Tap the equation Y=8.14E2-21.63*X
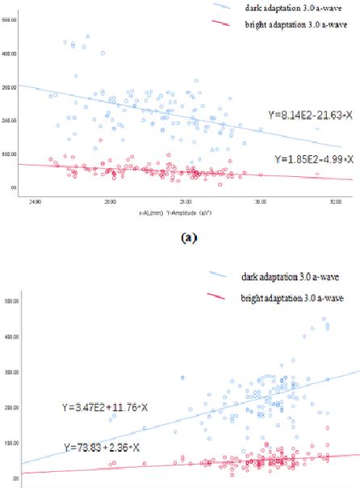pyautogui.click(x=310, y=114)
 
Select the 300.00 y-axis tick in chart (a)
pyautogui.click(x=10, y=86)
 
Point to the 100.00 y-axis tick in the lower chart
pyautogui.click(x=10, y=443)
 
